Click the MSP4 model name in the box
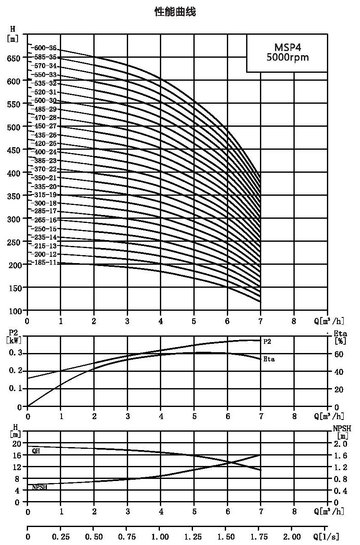(x=288, y=47)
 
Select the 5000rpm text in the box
(x=288, y=57)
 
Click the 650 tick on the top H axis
(x=14, y=59)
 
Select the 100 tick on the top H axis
(x=15, y=311)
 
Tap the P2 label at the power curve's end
(x=267, y=342)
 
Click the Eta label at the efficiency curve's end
(x=269, y=359)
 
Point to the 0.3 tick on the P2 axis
(x=15, y=353)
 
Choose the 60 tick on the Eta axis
(x=339, y=354)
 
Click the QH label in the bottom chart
(x=36, y=451)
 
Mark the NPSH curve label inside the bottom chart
(x=39, y=487)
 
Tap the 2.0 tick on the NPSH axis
(x=340, y=444)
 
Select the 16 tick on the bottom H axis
(x=17, y=455)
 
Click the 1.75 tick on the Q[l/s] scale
(x=259, y=537)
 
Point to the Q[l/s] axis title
(x=327, y=536)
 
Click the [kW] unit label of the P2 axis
(x=14, y=340)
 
